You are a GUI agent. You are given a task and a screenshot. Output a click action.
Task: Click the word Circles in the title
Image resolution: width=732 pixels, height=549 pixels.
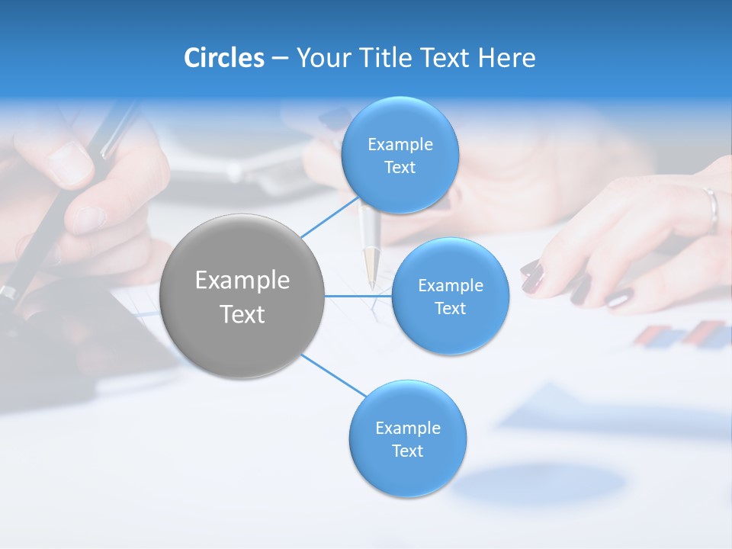(224, 58)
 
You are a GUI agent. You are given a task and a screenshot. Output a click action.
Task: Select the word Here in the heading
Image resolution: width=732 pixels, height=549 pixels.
(507, 58)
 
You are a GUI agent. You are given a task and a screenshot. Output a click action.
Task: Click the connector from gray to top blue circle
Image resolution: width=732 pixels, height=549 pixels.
(329, 217)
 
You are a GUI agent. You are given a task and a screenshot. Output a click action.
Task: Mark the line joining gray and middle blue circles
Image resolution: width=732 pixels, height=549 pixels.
(358, 296)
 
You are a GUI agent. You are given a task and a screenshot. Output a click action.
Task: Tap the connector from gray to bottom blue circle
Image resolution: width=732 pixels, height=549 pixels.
(333, 375)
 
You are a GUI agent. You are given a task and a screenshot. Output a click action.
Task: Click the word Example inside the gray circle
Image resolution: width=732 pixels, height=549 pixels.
(242, 281)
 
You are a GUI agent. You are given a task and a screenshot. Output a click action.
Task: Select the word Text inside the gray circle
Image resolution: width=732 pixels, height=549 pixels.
(242, 314)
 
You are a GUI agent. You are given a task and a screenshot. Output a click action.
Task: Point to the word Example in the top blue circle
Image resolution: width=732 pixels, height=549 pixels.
(400, 145)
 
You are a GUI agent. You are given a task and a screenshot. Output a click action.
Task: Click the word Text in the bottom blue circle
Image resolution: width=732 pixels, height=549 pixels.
(407, 451)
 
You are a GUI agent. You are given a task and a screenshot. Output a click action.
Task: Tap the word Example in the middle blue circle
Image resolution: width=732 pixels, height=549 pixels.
(451, 286)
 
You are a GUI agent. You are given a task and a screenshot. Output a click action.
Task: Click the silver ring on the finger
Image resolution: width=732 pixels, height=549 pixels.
(711, 207)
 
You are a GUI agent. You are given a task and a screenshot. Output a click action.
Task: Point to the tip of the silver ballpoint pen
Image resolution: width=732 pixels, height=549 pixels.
(371, 284)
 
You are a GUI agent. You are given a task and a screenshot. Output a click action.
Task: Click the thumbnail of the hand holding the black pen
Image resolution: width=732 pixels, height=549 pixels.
(69, 162)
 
